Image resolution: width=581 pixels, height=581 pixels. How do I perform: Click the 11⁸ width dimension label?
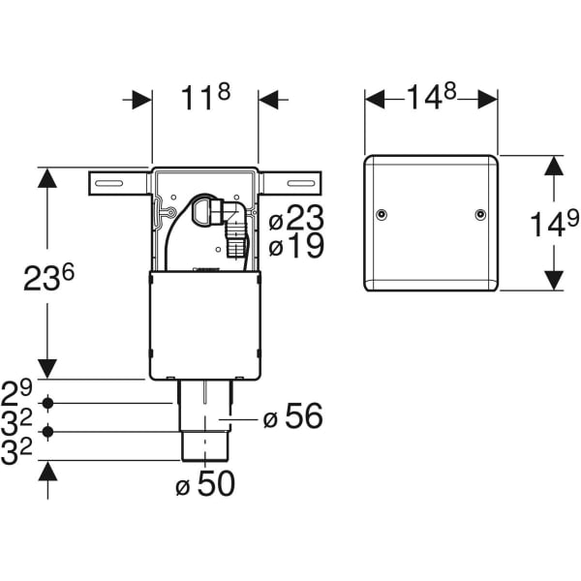[204, 100]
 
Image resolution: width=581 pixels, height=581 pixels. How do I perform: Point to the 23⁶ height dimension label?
[48, 278]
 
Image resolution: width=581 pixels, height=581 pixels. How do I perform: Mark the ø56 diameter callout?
[292, 417]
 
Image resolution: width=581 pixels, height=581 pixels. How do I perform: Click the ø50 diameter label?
[204, 484]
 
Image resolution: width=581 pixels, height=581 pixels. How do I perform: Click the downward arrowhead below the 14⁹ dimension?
[552, 280]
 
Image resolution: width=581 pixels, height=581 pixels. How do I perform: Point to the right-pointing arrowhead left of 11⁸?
[142, 100]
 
